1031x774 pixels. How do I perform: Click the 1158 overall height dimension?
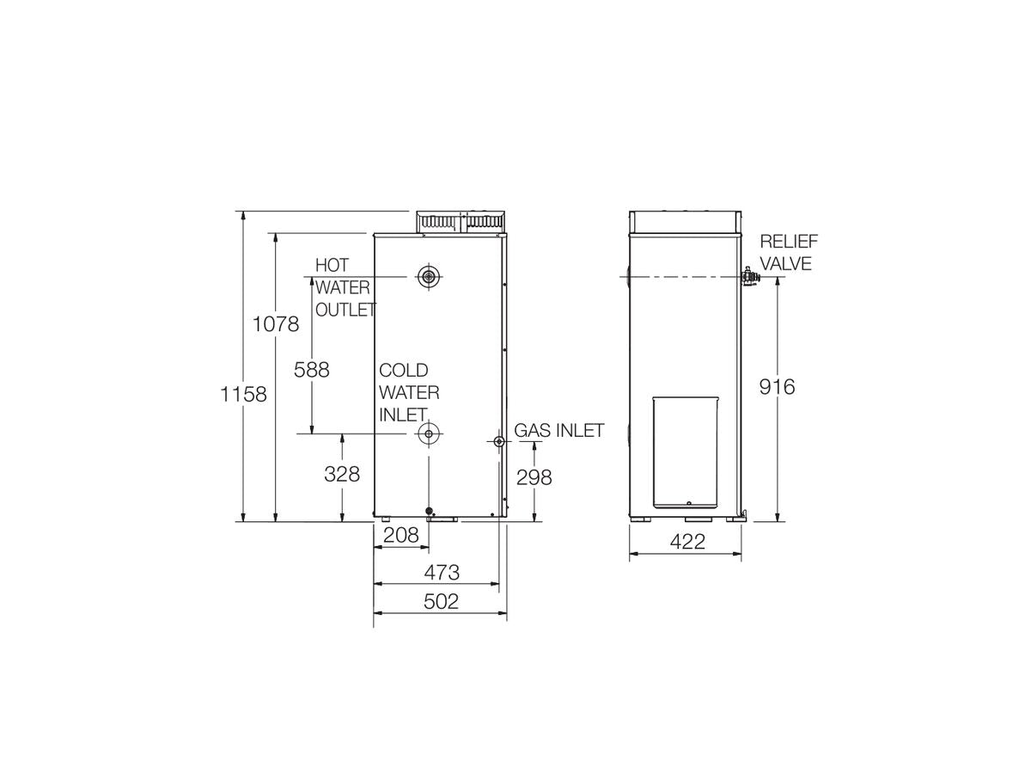(x=243, y=394)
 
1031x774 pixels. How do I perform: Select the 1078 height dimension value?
(x=276, y=324)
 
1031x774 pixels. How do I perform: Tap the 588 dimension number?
(x=312, y=370)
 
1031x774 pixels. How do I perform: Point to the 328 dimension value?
(x=342, y=474)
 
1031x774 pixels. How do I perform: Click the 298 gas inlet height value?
(x=534, y=476)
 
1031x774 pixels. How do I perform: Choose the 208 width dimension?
(x=400, y=535)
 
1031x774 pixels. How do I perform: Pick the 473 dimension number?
(x=442, y=572)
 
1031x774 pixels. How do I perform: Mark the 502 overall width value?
(x=442, y=602)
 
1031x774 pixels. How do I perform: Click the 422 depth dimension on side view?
(x=686, y=542)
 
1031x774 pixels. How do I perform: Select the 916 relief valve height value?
(x=778, y=387)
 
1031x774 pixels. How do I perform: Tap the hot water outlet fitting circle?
(x=428, y=277)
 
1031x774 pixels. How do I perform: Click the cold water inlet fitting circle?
(x=428, y=433)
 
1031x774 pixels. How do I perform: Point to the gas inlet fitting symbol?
(x=499, y=440)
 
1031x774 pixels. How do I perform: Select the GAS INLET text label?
(x=559, y=431)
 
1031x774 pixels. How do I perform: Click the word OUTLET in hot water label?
(x=345, y=310)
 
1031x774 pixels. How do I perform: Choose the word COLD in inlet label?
(x=404, y=371)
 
